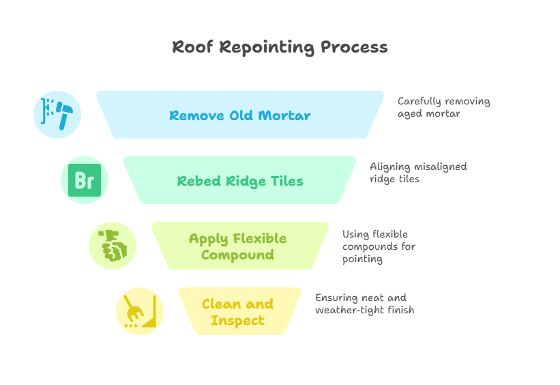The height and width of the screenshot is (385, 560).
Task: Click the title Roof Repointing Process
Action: coord(280,47)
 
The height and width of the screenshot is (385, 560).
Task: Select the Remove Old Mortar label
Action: coord(239,115)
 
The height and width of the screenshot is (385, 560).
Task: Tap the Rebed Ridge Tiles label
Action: coord(239,181)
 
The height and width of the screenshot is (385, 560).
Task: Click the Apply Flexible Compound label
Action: coord(237,246)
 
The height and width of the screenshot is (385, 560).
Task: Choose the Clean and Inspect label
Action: coord(237,312)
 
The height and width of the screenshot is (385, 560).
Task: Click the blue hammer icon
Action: coord(57,114)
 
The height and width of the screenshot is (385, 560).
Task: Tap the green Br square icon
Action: coord(85,181)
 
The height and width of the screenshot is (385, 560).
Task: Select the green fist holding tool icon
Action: coord(113,246)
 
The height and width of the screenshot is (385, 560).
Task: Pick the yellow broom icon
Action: coord(140,311)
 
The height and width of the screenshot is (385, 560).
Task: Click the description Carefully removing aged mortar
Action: coord(443,107)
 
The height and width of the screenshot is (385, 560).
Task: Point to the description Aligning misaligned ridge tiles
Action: coord(417,172)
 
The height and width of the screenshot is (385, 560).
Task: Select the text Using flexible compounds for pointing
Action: coord(379,246)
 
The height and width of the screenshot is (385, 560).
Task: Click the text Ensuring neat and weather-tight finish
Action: coord(364,304)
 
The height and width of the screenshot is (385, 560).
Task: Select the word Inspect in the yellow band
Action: coord(237,320)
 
